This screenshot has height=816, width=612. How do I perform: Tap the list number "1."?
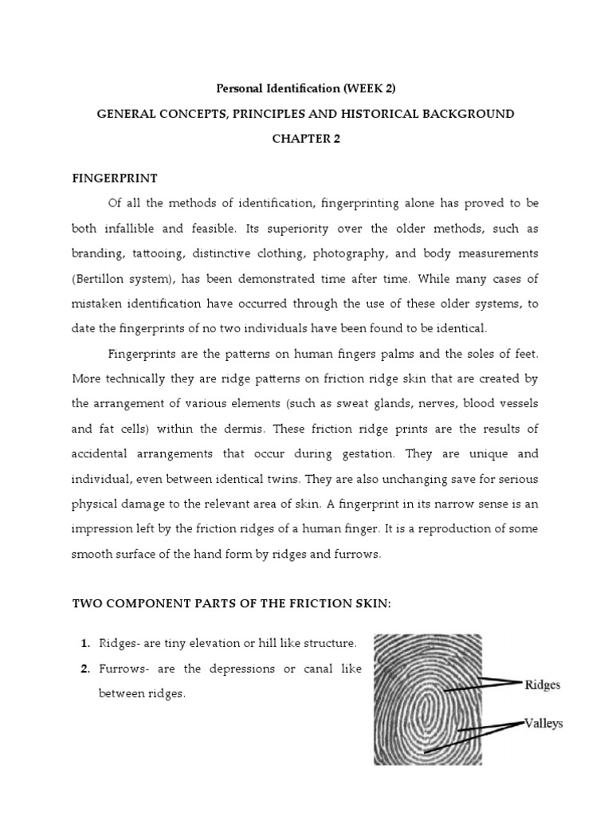point(85,642)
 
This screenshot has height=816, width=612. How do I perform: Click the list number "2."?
point(85,668)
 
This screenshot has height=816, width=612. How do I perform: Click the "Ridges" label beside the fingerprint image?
point(542,685)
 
